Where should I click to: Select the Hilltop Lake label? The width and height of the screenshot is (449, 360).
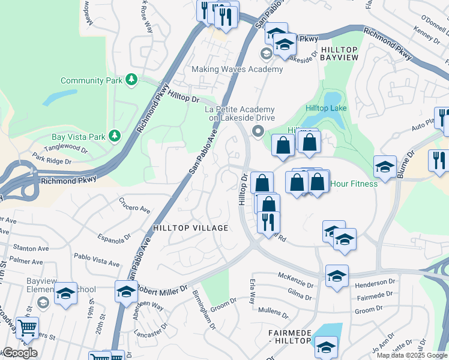coord(325,108)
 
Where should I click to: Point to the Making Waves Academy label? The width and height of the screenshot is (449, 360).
coord(237,69)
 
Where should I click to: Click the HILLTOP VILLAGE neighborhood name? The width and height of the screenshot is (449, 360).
coord(190,228)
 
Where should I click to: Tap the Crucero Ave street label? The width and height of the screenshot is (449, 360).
coord(134,206)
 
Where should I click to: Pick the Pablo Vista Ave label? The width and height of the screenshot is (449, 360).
coord(97,260)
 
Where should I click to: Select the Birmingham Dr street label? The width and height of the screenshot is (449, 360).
coord(203,310)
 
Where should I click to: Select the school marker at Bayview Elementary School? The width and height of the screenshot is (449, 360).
coord(65,293)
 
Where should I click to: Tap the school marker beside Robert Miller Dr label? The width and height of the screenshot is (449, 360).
coord(126,292)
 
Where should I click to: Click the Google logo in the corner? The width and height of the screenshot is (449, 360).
coord(19,353)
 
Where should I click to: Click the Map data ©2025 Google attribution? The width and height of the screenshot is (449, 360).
coord(412,355)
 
